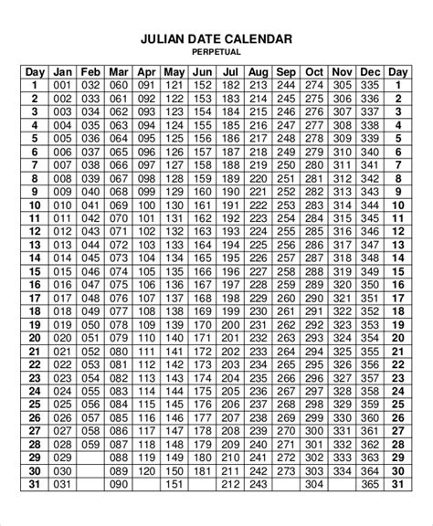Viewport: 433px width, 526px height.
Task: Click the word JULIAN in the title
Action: pyautogui.click(x=164, y=39)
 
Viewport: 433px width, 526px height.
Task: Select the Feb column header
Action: pyautogui.click(x=90, y=71)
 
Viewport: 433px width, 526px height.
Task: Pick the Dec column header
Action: pyautogui.click(x=370, y=71)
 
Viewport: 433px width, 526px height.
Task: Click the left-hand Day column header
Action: pyautogui.click(x=35, y=71)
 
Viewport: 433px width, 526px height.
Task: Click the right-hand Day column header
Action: pyautogui.click(x=398, y=71)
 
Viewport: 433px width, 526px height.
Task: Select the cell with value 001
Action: pyautogui.click(x=62, y=85)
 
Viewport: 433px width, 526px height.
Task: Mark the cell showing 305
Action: pyautogui.click(x=343, y=85)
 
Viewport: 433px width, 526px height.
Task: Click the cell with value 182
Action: pyautogui.click(x=230, y=85)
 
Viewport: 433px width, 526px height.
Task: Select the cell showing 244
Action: pyautogui.click(x=286, y=85)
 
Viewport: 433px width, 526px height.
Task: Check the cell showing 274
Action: pyautogui.click(x=314, y=85)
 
